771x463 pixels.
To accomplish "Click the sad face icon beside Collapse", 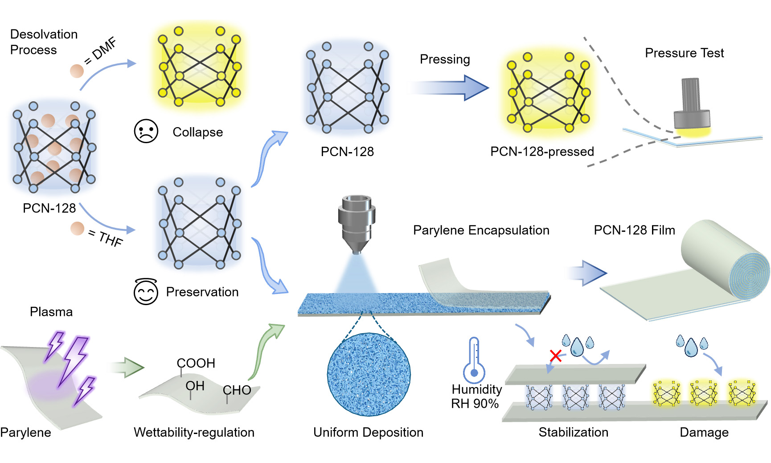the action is click(x=146, y=131).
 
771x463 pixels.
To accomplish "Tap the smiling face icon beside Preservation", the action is click(x=146, y=292).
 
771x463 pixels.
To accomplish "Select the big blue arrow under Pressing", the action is click(x=448, y=87).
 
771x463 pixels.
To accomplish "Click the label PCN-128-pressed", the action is click(x=542, y=152).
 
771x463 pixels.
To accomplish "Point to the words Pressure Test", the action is click(x=685, y=53).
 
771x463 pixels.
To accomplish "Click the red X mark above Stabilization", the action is click(x=556, y=356).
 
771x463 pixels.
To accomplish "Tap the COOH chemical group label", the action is click(x=196, y=363).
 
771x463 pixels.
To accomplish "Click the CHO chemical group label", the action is click(x=237, y=390).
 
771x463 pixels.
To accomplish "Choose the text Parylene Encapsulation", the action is click(x=481, y=230).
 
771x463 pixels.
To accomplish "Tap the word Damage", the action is click(x=704, y=432).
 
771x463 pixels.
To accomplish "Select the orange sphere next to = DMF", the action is click(x=77, y=71).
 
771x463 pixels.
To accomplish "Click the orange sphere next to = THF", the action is click(x=77, y=228).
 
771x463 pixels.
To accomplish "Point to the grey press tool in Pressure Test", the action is click(x=691, y=103).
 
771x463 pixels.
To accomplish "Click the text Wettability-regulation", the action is click(x=194, y=432).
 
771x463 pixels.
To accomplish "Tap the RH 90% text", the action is click(x=475, y=404).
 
